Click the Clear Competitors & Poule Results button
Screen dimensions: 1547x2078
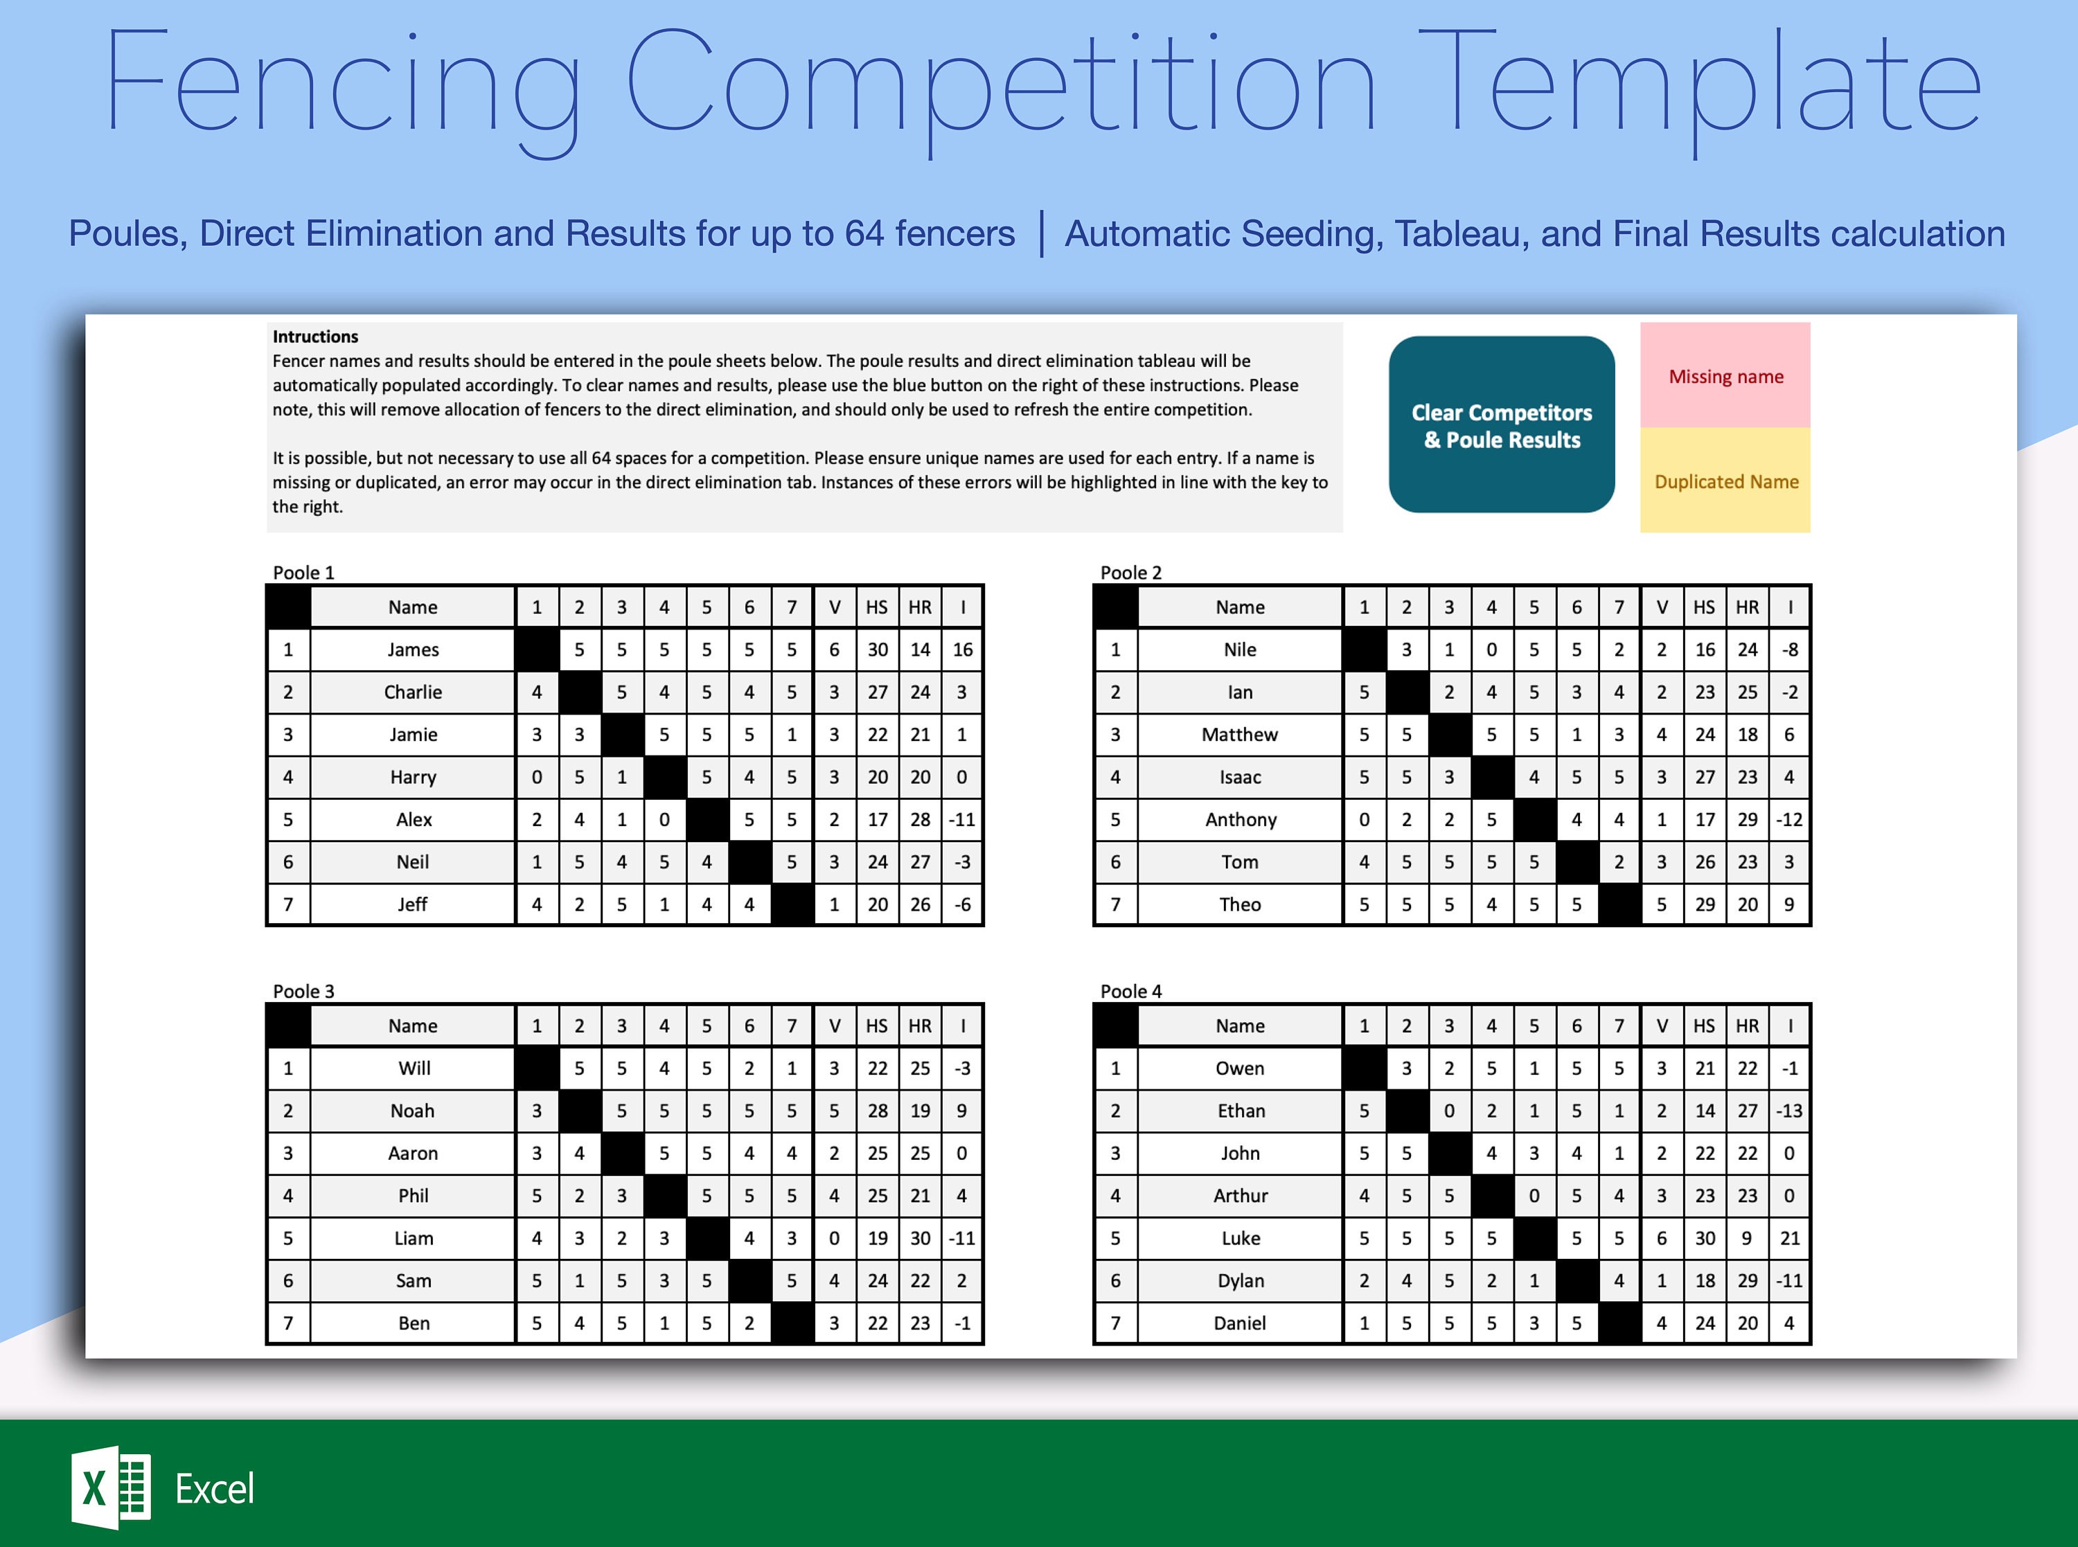[x=1501, y=424]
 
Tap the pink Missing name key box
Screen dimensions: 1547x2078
[x=1725, y=375]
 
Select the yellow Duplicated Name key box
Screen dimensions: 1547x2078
[x=1725, y=481]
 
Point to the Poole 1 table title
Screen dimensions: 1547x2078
[x=303, y=572]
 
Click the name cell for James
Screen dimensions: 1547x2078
[x=413, y=649]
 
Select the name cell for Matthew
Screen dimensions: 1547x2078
[x=1240, y=734]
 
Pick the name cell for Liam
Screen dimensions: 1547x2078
[x=413, y=1238]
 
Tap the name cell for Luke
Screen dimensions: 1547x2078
[x=1240, y=1238]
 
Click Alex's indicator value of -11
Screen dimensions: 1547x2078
[x=961, y=819]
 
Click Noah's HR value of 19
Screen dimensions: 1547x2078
[x=920, y=1111]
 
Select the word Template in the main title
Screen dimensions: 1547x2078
[x=1700, y=84]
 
